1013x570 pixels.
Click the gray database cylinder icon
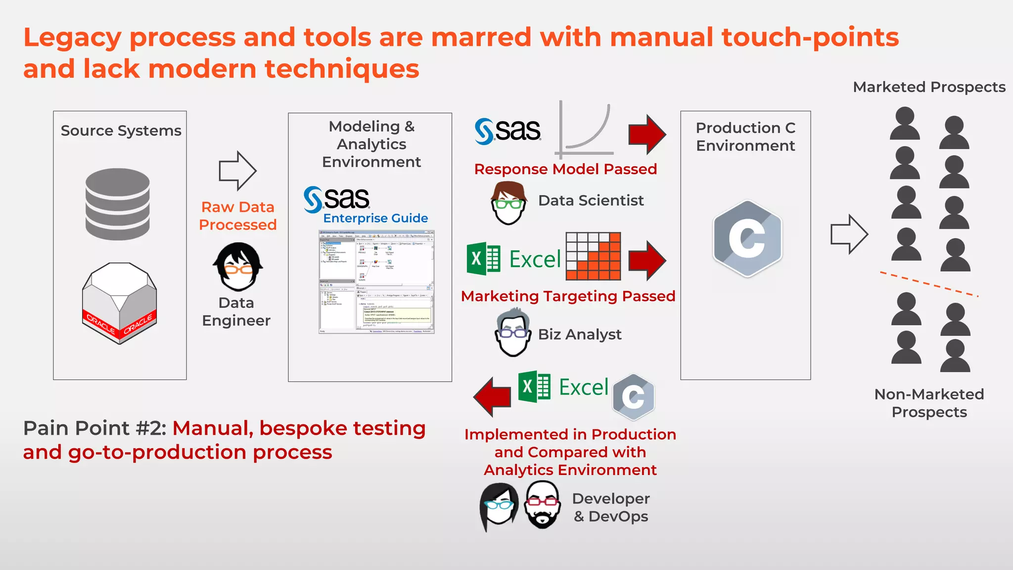click(x=118, y=204)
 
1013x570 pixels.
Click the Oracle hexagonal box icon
click(x=119, y=303)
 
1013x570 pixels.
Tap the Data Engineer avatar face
click(x=238, y=267)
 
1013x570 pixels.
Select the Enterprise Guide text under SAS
click(x=375, y=218)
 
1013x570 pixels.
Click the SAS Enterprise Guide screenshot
click(x=376, y=282)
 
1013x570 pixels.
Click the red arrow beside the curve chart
click(x=647, y=134)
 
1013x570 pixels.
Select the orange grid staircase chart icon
click(x=593, y=256)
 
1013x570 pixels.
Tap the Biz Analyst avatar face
click(x=512, y=332)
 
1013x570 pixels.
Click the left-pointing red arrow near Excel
click(x=492, y=396)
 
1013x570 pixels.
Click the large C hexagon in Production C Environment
click(x=747, y=238)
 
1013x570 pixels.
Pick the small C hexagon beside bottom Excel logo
click(x=634, y=396)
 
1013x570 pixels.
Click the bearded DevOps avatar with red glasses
click(x=543, y=505)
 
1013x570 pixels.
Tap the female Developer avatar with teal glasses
click(x=499, y=507)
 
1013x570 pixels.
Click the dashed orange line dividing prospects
click(x=929, y=284)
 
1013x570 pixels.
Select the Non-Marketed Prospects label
click(x=929, y=403)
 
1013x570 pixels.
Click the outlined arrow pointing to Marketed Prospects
click(x=849, y=234)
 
